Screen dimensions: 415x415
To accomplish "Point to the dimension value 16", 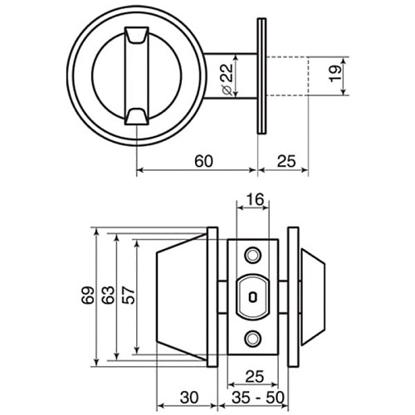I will pos(255,200).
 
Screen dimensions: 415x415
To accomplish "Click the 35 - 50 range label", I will pos(255,396).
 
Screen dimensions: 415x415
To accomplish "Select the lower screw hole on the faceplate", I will pos(254,338).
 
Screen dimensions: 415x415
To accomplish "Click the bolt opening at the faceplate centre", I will pos(254,295).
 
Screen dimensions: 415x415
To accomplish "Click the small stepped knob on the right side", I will pos(314,295).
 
